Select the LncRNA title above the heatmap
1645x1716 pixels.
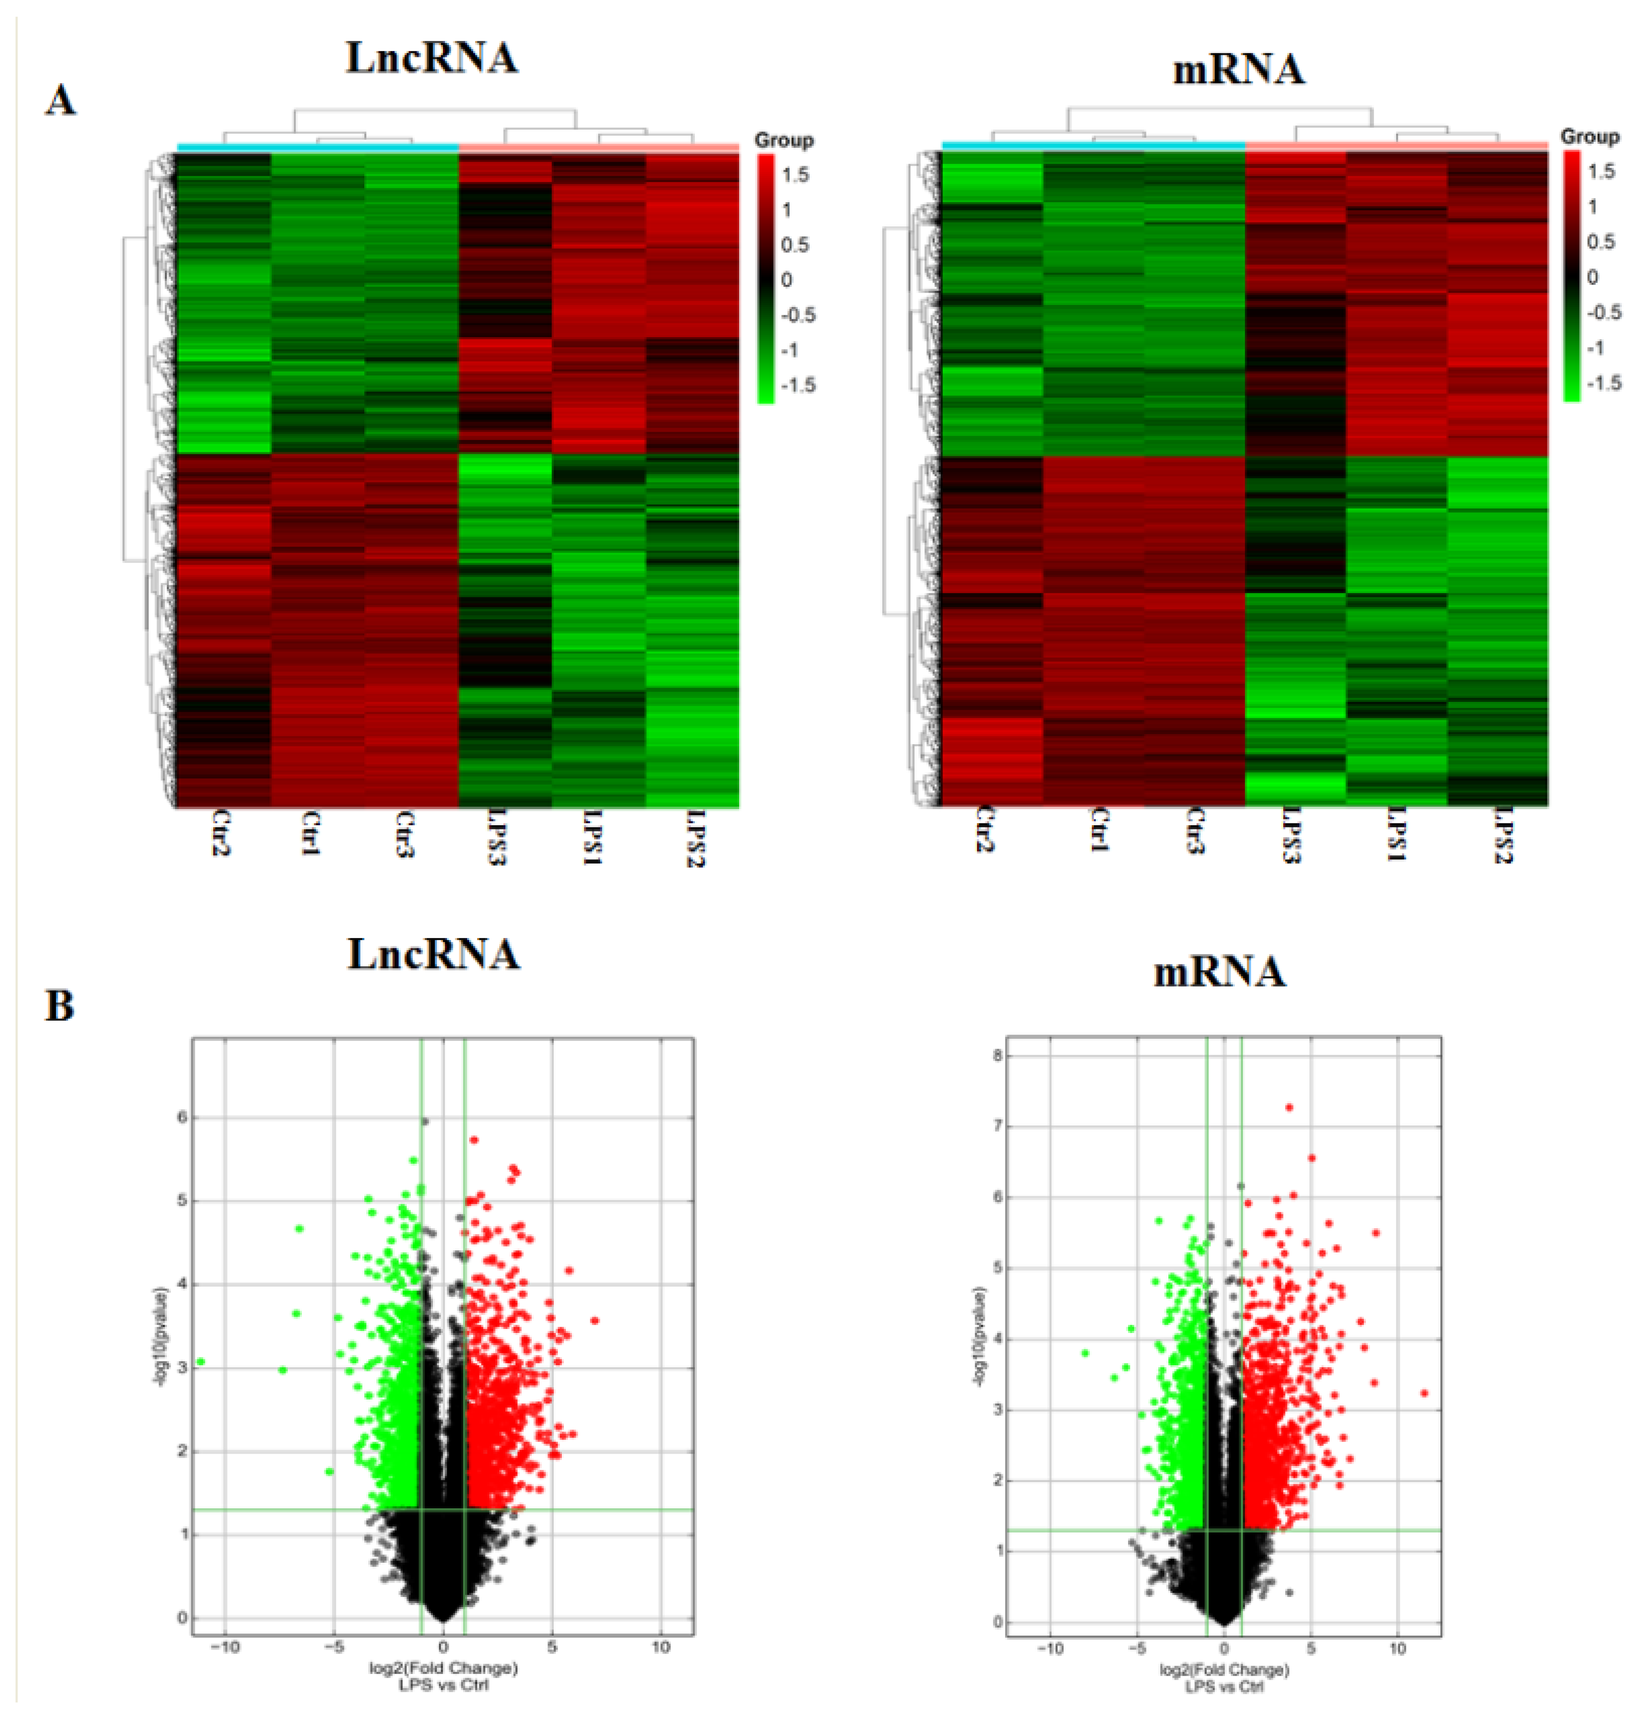point(432,59)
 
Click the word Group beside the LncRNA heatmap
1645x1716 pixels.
point(784,140)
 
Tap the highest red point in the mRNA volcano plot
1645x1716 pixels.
point(1289,1108)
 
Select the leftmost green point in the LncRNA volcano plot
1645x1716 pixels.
point(201,1361)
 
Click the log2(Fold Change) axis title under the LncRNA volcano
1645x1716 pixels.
point(443,1668)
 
